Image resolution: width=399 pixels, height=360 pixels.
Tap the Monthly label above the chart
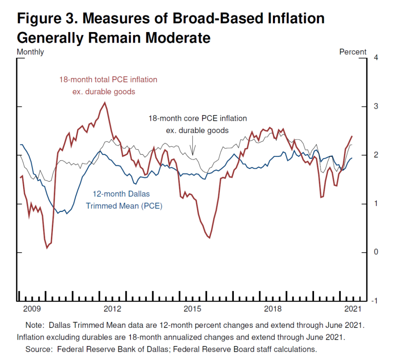pos(30,52)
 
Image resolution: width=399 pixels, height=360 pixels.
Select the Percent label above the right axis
pos(353,52)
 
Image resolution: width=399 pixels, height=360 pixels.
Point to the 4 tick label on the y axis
pos(375,58)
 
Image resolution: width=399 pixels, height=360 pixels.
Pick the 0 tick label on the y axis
pos(375,252)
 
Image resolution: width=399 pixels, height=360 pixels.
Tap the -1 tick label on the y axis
pos(374,301)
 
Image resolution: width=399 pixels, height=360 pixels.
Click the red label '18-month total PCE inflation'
pos(108,79)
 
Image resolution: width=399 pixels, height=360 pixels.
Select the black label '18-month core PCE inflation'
pos(198,119)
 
